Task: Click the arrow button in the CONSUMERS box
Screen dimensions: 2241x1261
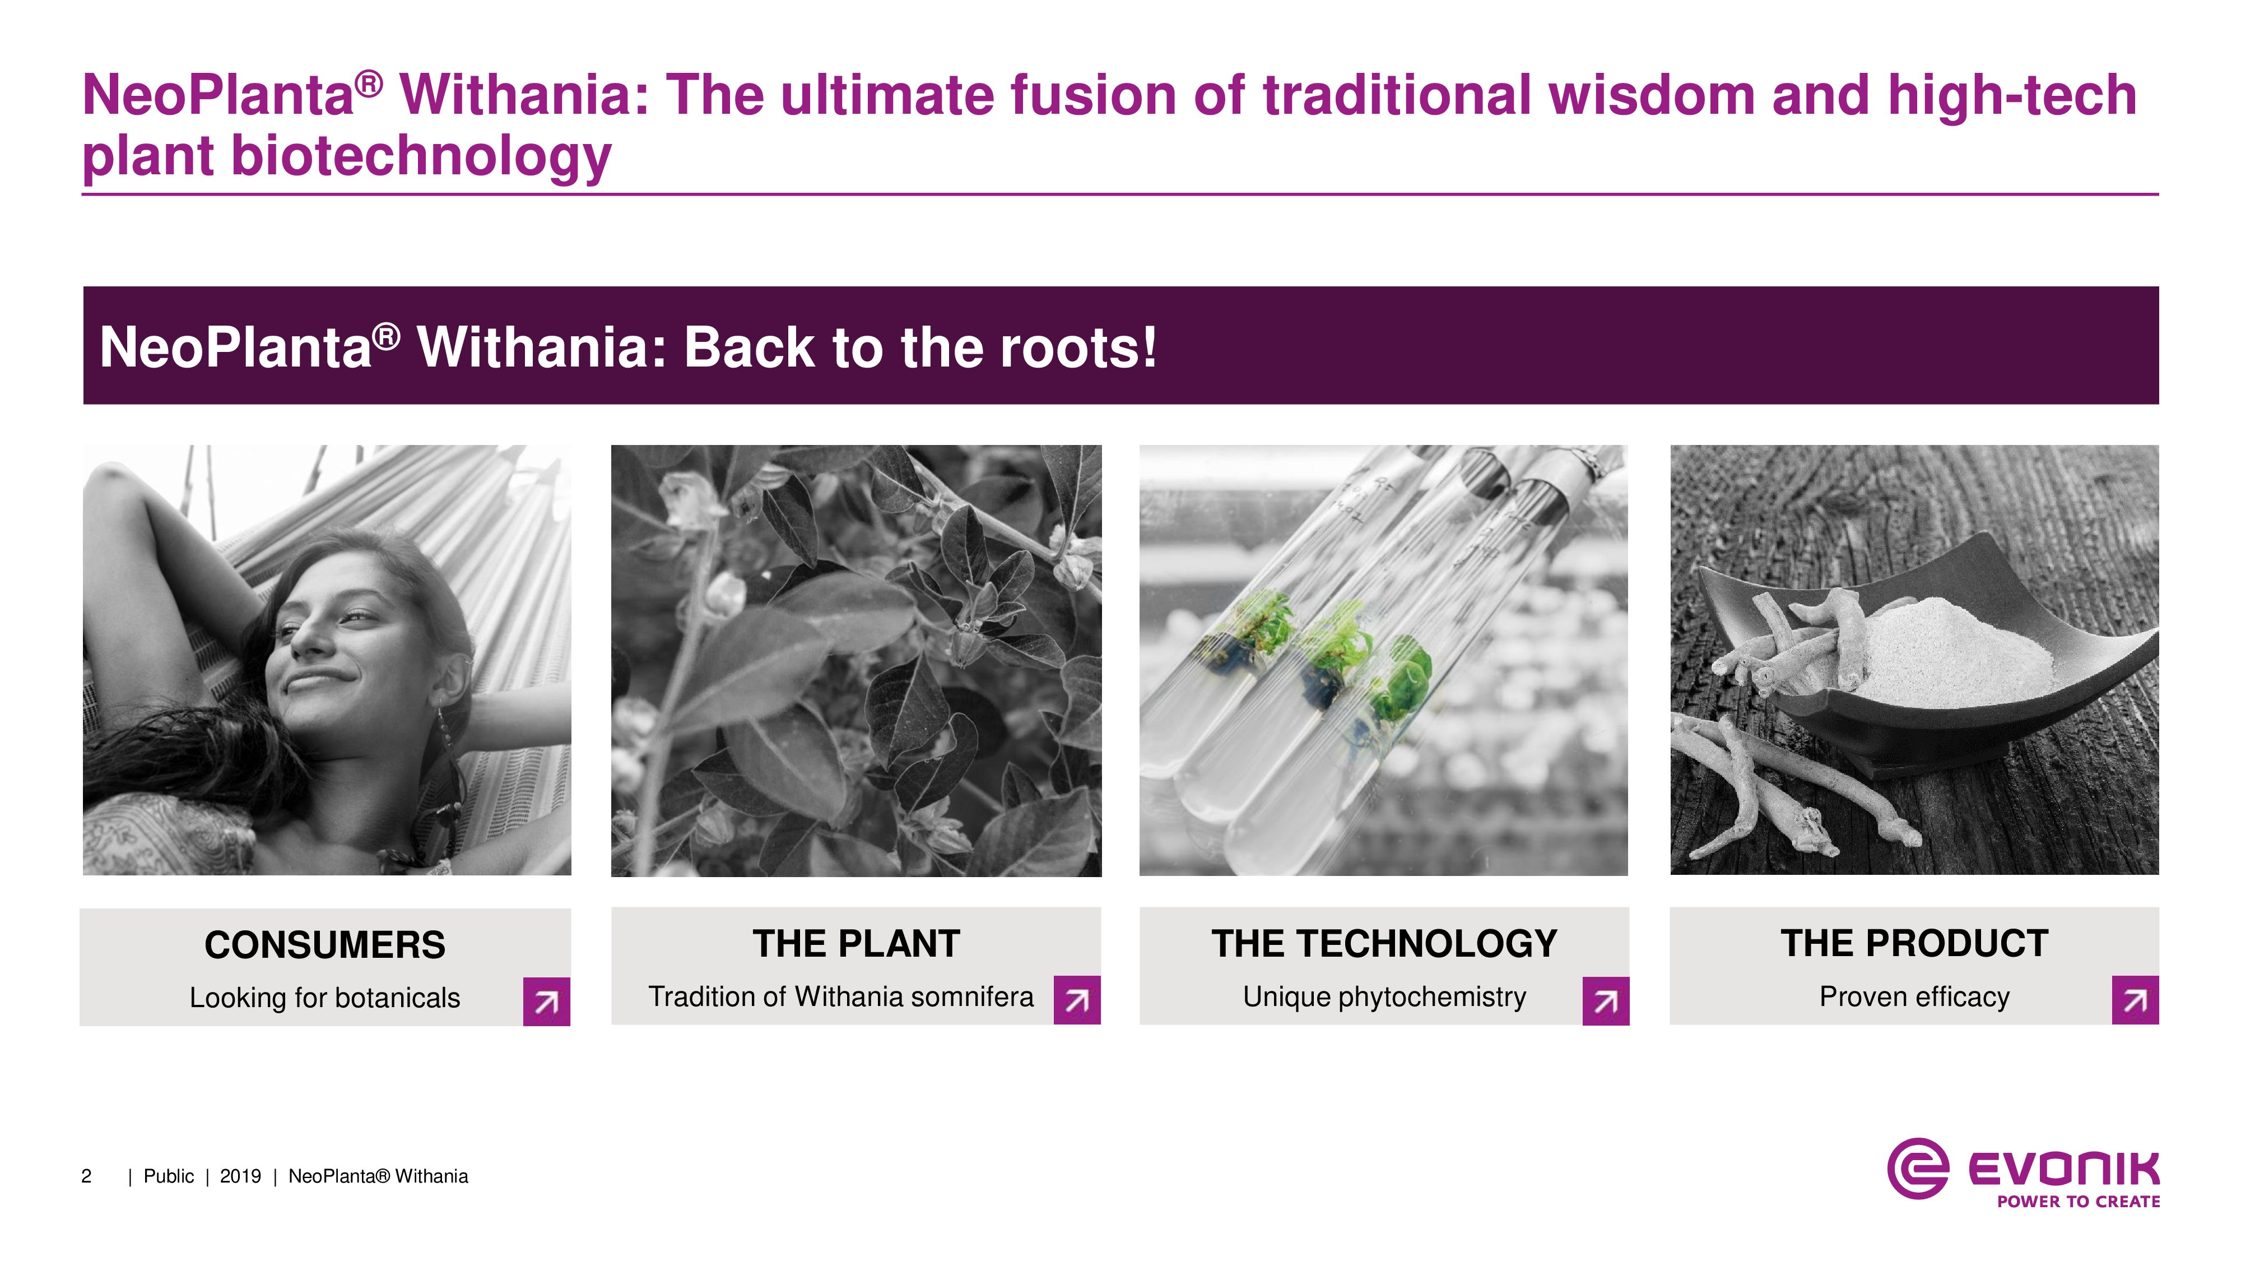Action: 546,1002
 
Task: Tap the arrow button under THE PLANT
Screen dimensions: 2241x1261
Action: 1077,1000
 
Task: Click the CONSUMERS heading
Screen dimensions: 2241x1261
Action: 324,945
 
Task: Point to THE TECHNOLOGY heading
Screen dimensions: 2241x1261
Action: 1384,943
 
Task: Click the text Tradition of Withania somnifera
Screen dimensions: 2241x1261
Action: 840,996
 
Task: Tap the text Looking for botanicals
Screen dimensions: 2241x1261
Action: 324,998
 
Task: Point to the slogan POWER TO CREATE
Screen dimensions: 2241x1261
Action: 2079,1202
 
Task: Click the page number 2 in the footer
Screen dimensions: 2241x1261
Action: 86,1176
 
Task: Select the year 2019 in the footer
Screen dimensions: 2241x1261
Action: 240,1176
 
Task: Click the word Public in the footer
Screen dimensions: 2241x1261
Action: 169,1176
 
